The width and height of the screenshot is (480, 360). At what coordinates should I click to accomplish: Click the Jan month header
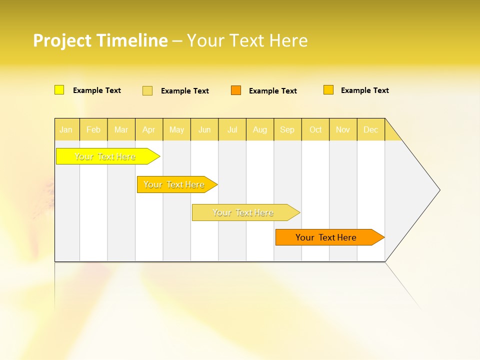coord(66,129)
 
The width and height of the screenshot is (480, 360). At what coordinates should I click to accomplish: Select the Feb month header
coord(93,129)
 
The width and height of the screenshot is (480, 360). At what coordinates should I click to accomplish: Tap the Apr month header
coord(148,129)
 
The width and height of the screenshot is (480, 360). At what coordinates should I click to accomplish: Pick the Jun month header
coord(204,129)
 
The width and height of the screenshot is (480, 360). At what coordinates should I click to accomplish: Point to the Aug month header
coord(259,129)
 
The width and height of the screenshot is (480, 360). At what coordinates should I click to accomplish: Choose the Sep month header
coord(287,129)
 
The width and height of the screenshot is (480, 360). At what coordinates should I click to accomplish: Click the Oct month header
coord(315,129)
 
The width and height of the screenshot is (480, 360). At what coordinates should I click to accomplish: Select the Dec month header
coord(370,129)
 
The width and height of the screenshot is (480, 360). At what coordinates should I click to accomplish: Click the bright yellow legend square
coord(59,90)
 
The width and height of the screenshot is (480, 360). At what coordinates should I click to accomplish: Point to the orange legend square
coord(236,90)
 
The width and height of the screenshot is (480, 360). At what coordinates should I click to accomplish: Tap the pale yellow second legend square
coord(147,90)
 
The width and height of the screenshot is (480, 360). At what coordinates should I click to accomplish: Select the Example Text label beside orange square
coord(272,91)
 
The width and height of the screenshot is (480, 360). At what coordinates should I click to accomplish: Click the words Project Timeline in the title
coord(100,40)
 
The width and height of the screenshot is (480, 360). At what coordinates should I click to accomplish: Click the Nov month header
coord(343,129)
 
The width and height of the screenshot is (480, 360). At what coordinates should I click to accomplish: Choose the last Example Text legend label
coord(364,90)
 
